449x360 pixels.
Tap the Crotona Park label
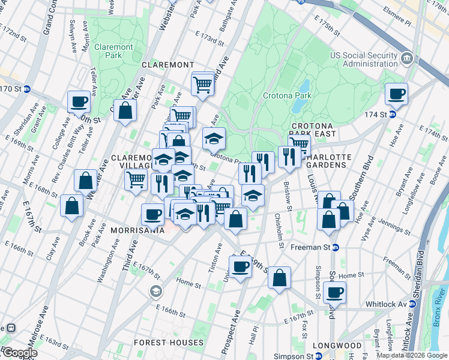coord(287,95)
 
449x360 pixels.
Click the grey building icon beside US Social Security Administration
coord(408,59)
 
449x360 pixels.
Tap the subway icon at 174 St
coord(393,114)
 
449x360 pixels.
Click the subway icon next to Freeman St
coord(336,247)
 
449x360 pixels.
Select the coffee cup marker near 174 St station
coord(397,94)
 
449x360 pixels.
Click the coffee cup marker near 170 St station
coord(79,101)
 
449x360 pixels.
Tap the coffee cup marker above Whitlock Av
coord(334,292)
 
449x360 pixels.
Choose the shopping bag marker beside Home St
coord(280,278)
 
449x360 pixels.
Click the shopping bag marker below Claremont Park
coord(125,110)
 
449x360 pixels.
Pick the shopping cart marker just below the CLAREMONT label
coord(203,85)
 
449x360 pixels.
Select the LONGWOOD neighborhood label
coord(337,346)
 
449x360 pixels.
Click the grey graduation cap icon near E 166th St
coord(156,292)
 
